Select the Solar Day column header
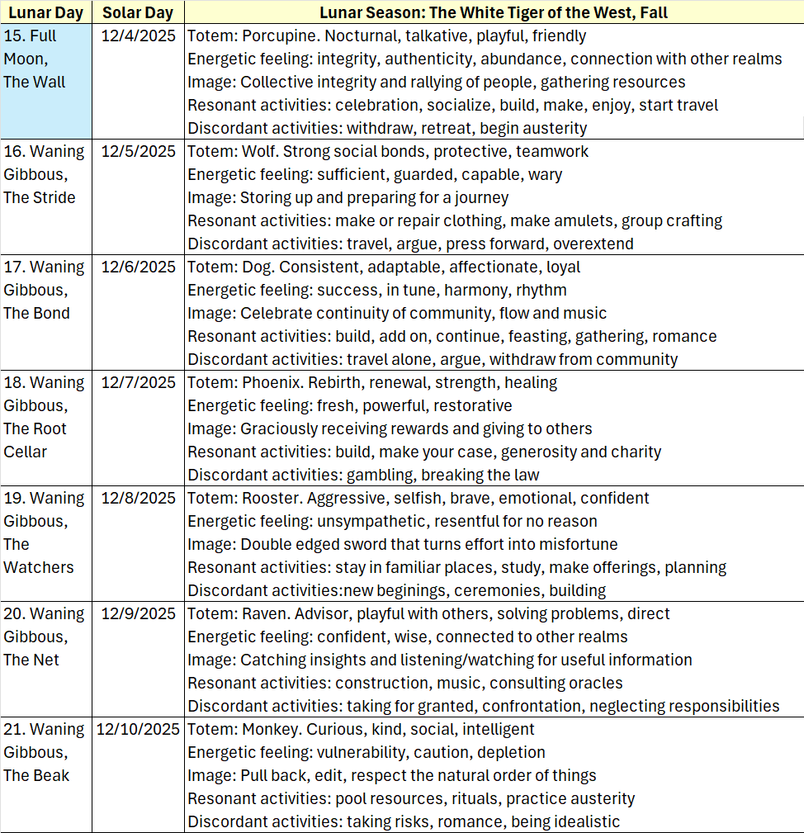(x=138, y=13)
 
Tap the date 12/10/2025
(x=138, y=730)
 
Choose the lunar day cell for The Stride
(x=45, y=175)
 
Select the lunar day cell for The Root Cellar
(x=45, y=418)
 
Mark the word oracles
(x=593, y=684)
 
